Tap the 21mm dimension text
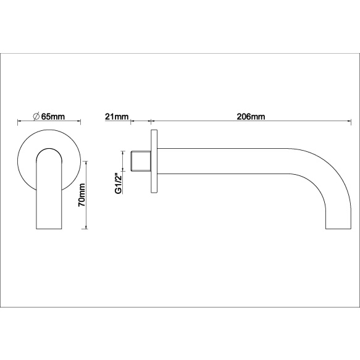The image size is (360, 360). click(117, 117)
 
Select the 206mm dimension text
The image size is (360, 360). click(251, 117)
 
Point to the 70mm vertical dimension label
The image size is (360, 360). click(82, 195)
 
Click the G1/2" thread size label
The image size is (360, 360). click(118, 183)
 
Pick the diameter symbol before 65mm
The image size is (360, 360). click(36, 117)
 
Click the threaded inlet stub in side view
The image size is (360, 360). click(141, 161)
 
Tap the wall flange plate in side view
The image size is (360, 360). click(154, 161)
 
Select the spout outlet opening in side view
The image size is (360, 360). click(338, 228)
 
